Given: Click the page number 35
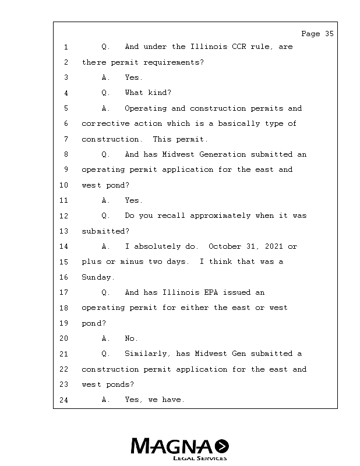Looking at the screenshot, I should [329, 34].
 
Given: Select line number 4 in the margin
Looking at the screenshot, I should [66, 93].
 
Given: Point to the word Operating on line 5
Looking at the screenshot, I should [146, 108].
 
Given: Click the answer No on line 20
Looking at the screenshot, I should [131, 338].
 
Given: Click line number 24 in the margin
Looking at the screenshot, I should [64, 400].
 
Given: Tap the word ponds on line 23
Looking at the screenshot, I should [120, 384].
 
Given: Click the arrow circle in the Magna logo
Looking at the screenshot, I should [222, 446].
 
